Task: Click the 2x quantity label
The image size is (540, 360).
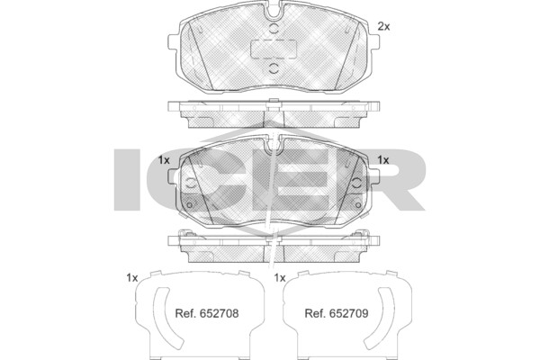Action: point(383,26)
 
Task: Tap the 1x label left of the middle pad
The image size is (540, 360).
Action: point(164,160)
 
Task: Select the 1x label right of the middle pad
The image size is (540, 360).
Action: point(383,160)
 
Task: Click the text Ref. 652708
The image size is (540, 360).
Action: point(207,313)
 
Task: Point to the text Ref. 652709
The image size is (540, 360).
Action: point(337,313)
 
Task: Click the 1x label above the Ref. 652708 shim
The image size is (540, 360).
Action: point(132,278)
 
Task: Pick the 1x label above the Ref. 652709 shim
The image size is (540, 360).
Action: point(280,278)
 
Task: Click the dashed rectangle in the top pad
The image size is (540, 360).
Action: point(274,49)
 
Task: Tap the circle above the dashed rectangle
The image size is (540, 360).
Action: point(274,29)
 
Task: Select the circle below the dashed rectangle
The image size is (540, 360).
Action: point(274,68)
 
